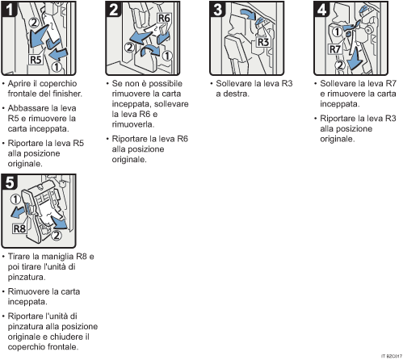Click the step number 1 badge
pyautogui.click(x=9, y=9)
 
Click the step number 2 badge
pyautogui.click(x=113, y=9)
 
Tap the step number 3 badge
pyautogui.click(x=217, y=9)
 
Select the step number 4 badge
pyautogui.click(x=321, y=9)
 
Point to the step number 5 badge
pyautogui.click(x=9, y=182)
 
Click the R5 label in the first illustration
pyautogui.click(x=36, y=60)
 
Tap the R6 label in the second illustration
pyautogui.click(x=164, y=19)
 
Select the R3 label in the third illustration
pyautogui.click(x=263, y=42)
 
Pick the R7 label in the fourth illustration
pyautogui.click(x=335, y=49)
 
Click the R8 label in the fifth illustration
pyautogui.click(x=19, y=228)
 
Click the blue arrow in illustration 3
pyautogui.click(x=248, y=14)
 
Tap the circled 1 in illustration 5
pyautogui.click(x=15, y=199)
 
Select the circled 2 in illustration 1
pyautogui.click(x=34, y=23)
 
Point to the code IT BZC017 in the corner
pyautogui.click(x=392, y=356)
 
